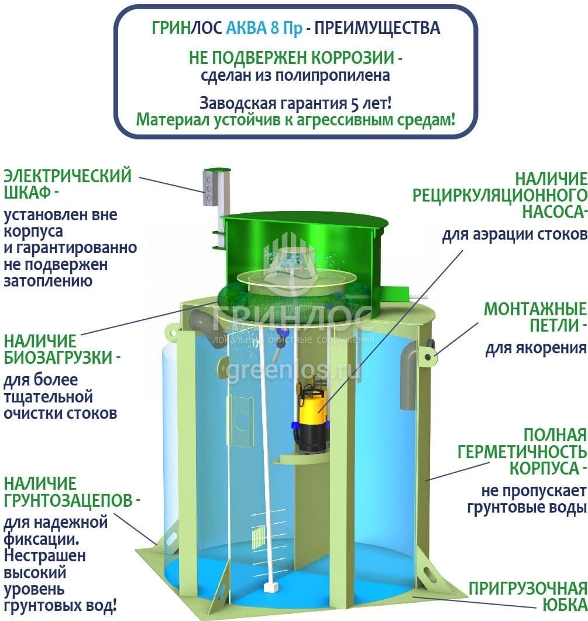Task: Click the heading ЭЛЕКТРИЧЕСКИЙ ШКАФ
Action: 67,184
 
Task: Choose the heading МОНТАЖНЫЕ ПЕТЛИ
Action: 535,317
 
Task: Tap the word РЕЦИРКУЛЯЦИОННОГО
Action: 500,195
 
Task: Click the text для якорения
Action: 535,348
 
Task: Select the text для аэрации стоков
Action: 514,235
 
